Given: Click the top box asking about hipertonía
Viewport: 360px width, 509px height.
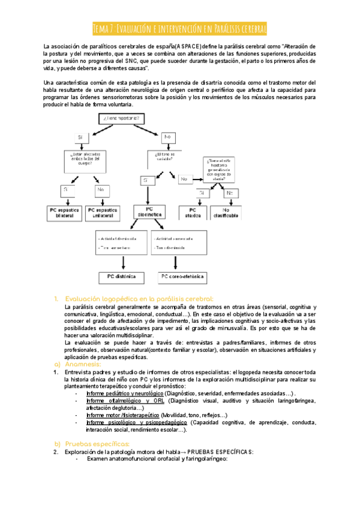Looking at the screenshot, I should (x=124, y=118).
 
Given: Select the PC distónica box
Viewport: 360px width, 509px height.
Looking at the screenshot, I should (x=122, y=277).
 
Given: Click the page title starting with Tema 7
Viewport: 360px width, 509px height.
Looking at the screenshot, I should (x=180, y=29).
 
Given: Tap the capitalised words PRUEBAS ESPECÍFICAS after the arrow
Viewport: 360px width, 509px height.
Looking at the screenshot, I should (x=221, y=451).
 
